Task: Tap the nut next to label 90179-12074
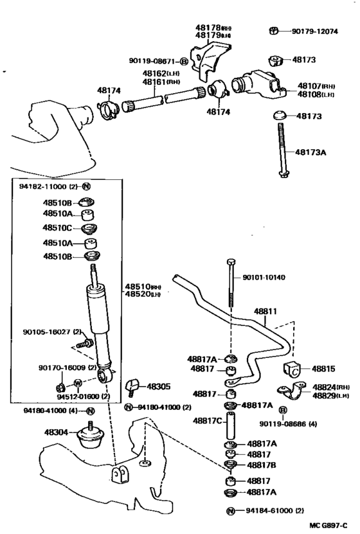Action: click(x=274, y=31)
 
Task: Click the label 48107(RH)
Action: click(x=316, y=85)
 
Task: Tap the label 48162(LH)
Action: click(x=161, y=74)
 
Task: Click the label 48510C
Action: click(x=57, y=228)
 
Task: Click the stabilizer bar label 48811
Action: click(x=264, y=312)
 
